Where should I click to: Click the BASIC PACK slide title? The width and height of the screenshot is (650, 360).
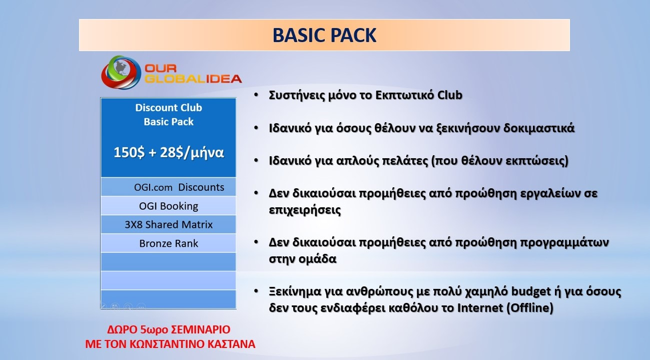324,35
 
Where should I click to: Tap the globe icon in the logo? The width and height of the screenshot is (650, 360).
121,72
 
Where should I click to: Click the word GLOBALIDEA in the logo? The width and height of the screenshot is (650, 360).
193,79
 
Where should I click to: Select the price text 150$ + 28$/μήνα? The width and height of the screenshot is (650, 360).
169,152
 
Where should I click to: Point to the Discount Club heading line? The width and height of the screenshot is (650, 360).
169,108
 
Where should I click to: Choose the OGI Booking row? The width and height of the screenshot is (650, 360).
169,206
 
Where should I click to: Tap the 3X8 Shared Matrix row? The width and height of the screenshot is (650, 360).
169,225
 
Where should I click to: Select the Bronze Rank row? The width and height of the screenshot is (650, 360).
169,243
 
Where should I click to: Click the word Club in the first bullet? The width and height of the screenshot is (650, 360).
450,95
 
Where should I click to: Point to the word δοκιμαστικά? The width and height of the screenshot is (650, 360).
539,128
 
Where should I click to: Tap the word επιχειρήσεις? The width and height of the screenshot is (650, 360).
305,210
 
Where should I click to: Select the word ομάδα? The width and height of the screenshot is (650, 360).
319,259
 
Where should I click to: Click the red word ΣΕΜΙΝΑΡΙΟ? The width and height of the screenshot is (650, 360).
201,329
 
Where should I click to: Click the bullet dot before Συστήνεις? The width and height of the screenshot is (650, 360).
256,95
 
